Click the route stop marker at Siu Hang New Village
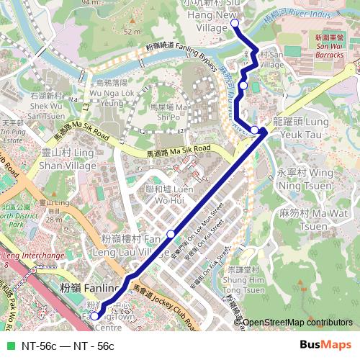coord(235,24)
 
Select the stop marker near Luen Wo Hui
coord(171,233)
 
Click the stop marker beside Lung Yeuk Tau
coord(255,130)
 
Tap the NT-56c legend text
coord(68,346)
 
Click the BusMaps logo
coord(325,345)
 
